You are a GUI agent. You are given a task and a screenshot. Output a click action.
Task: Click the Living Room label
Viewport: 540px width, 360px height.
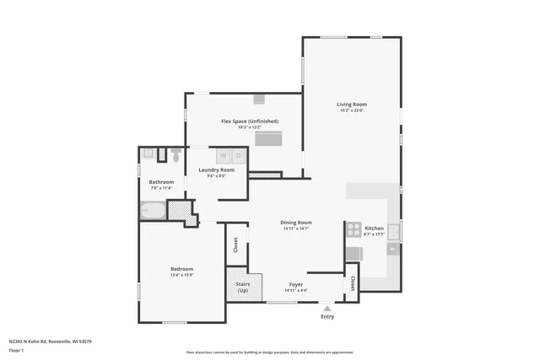353,105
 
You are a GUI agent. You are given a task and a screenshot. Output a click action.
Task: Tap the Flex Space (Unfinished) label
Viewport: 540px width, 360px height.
243,121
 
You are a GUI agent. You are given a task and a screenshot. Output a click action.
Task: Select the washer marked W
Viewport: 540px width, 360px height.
224,155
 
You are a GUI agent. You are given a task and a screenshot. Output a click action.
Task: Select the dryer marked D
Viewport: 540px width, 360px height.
239,155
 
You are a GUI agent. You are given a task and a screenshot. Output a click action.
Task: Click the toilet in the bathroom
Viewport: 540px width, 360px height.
176,155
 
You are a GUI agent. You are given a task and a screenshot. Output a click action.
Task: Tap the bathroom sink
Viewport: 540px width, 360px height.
148,153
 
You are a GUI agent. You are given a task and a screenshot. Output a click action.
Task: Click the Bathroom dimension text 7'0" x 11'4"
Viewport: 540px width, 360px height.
161,188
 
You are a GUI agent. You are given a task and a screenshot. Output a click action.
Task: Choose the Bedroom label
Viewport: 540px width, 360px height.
182,269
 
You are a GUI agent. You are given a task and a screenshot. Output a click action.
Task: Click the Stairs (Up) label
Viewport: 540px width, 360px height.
242,287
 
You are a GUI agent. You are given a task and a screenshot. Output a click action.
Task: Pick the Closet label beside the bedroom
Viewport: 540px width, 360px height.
235,245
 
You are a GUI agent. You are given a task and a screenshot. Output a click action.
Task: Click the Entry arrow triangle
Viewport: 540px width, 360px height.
327,309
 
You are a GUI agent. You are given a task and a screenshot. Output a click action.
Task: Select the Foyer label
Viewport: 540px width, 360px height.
296,284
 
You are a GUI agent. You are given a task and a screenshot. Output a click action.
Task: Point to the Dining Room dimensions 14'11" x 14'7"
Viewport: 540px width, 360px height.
296,228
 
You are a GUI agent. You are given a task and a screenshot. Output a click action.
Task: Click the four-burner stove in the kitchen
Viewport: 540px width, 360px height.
353,228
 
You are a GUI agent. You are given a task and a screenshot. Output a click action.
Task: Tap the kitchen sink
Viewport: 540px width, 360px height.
394,228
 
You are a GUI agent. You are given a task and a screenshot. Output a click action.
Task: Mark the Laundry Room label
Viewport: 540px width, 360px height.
217,169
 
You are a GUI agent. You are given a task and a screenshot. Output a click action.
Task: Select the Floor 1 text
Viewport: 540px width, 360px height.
17,350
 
